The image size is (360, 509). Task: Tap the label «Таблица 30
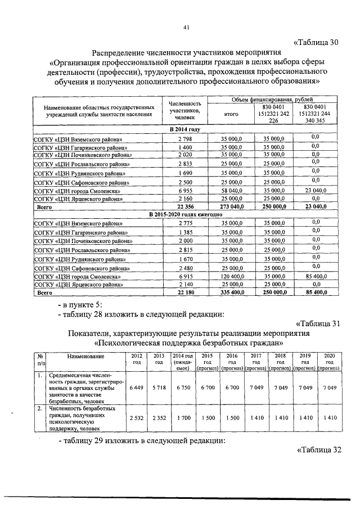coord(317,43)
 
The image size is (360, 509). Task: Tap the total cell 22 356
coord(185,207)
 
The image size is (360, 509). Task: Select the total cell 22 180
coord(185,293)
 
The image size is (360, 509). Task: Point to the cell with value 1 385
coord(185,232)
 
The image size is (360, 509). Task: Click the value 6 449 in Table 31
coord(137,389)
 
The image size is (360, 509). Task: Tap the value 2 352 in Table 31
coord(159,417)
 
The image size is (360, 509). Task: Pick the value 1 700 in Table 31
coord(183,417)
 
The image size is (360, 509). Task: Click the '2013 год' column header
coord(159,359)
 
